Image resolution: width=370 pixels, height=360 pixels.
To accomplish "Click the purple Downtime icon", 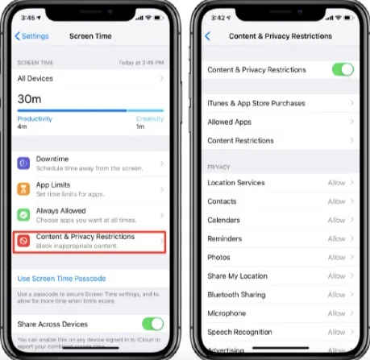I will click(x=24, y=164).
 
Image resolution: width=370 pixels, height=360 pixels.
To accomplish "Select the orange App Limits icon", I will click(x=24, y=190).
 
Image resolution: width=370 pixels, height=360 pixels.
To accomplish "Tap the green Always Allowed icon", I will click(x=24, y=216).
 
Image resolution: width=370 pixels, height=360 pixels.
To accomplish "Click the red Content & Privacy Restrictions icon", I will click(x=24, y=241).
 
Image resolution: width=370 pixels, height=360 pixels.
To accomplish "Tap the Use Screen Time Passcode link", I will click(x=61, y=278).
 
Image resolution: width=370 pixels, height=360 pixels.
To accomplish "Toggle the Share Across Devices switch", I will click(x=152, y=324).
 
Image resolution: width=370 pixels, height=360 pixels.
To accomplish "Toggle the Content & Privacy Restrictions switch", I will click(x=342, y=70).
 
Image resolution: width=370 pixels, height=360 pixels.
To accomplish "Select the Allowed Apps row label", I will click(x=229, y=122).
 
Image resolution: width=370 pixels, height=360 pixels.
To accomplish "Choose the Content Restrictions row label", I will click(x=240, y=140).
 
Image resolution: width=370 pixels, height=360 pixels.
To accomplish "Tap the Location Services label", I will click(x=236, y=183).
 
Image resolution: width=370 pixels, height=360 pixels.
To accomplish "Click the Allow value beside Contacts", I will click(x=336, y=201).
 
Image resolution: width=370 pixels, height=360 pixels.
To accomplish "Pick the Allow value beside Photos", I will click(x=336, y=258).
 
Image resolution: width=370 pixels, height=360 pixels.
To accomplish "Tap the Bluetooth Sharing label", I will click(x=236, y=295).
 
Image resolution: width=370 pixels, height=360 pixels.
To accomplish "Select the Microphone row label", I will click(x=227, y=313).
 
